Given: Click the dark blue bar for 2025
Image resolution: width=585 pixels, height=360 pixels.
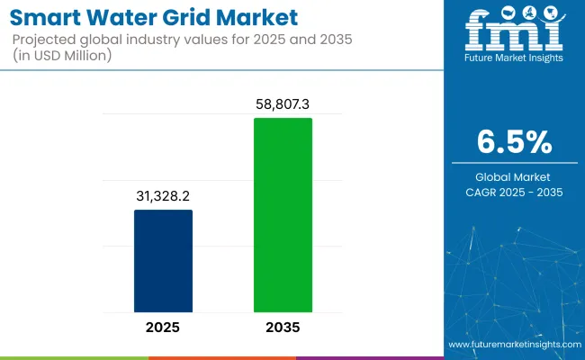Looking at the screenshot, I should point(163,261).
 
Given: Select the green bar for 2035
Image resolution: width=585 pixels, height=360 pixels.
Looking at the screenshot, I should point(283,215).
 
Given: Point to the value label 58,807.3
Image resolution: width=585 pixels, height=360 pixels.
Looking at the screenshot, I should point(283,103).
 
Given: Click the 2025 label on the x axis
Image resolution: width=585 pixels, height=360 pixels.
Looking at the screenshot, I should point(163,328).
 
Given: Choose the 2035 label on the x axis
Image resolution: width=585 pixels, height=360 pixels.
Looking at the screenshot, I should point(283,328).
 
